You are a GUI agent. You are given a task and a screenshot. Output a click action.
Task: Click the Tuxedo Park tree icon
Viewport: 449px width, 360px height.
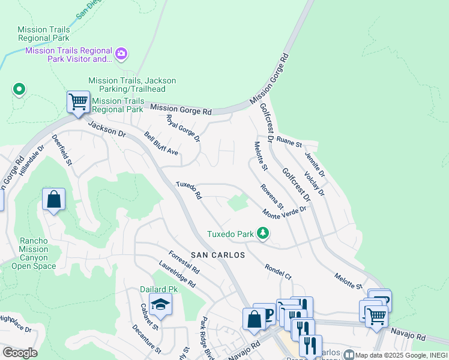tap(262, 233)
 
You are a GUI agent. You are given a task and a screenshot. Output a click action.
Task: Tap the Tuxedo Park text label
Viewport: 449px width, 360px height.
tap(231, 233)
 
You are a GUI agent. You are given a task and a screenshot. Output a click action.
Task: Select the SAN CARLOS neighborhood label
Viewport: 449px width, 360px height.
tap(218, 255)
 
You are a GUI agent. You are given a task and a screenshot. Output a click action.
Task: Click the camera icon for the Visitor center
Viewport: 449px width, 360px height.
tap(121, 55)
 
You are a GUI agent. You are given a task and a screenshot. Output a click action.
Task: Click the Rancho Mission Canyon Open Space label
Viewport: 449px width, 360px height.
tap(33, 250)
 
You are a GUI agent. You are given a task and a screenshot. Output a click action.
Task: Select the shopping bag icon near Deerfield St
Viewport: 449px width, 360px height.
tap(53, 200)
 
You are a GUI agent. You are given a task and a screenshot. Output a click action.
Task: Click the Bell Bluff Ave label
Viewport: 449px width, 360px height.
tap(161, 143)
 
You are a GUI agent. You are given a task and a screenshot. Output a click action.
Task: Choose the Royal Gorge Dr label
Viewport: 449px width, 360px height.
tap(182, 128)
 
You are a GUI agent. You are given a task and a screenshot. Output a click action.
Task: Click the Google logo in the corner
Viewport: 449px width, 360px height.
tap(20, 353)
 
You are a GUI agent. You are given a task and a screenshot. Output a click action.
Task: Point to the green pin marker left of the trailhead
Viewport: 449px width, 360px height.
tap(19, 90)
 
